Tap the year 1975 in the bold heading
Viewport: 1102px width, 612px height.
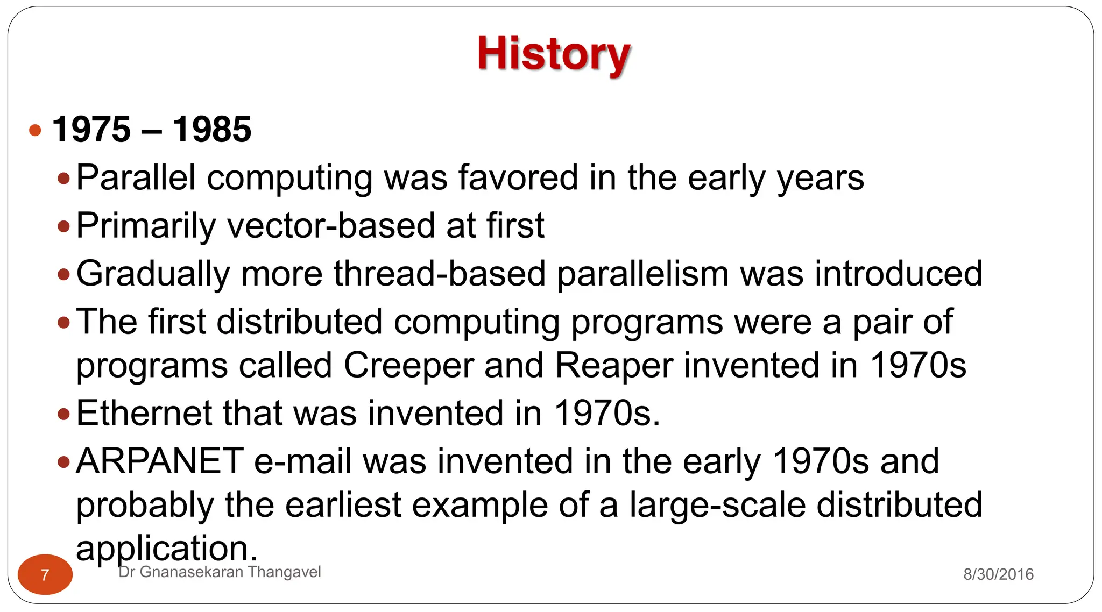click(x=91, y=130)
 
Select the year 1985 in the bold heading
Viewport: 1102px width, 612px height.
click(x=211, y=130)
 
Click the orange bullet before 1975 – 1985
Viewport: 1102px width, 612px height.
click(x=36, y=130)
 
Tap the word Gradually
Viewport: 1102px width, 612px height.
click(x=153, y=274)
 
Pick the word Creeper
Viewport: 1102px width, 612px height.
click(x=408, y=366)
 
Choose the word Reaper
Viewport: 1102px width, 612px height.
click(x=613, y=366)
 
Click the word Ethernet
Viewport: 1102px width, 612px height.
click(x=144, y=414)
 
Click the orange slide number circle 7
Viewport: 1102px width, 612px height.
click(x=45, y=574)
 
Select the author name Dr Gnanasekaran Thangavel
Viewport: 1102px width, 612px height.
click(x=220, y=572)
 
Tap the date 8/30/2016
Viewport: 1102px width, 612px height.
click(x=998, y=574)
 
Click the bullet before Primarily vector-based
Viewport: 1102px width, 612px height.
click(x=64, y=226)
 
